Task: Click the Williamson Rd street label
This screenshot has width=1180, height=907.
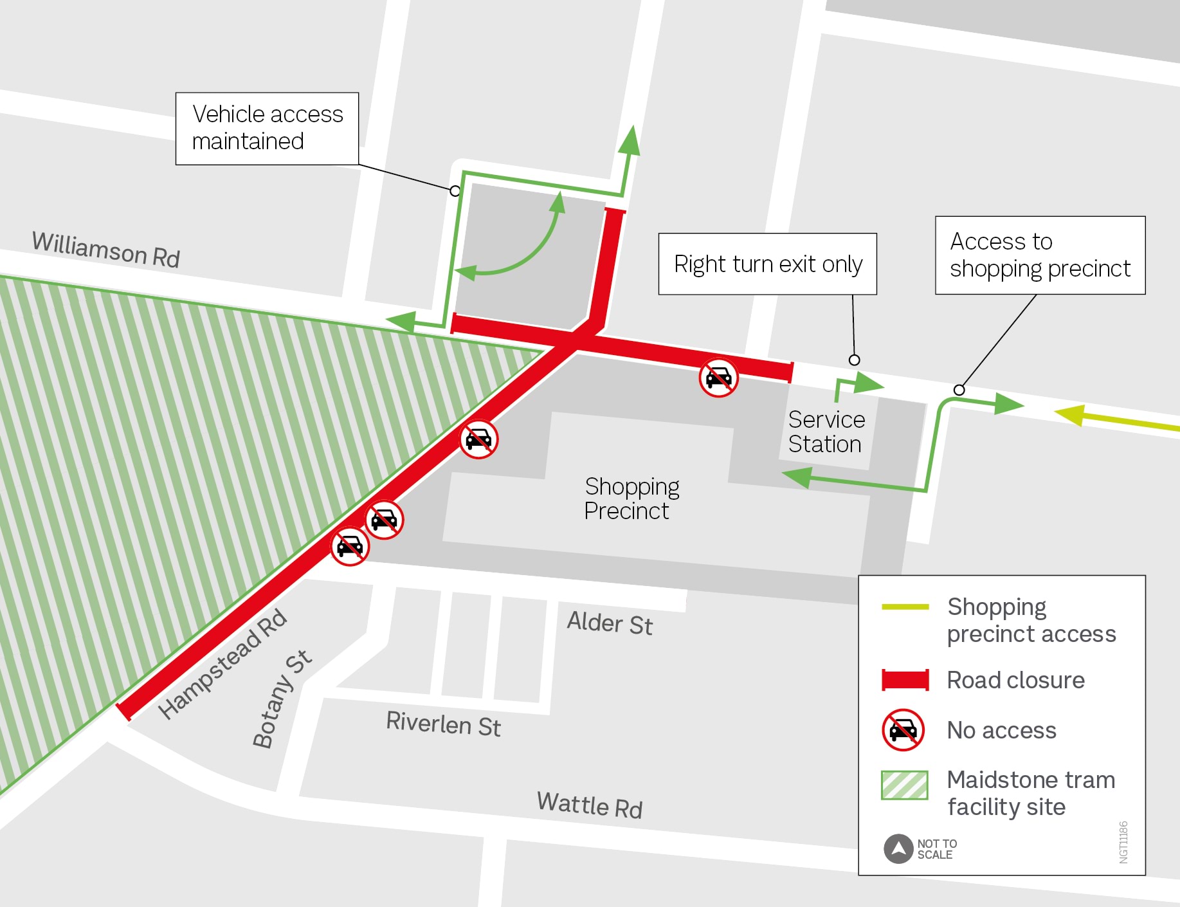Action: [x=106, y=250]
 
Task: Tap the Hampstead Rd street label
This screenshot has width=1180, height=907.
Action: [x=222, y=663]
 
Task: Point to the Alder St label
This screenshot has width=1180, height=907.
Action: [x=610, y=623]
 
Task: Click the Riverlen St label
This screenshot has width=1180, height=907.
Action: [x=443, y=724]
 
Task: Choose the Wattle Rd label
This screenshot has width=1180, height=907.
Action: [x=590, y=805]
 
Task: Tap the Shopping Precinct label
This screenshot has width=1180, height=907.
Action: [x=631, y=499]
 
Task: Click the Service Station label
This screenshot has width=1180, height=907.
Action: [x=826, y=432]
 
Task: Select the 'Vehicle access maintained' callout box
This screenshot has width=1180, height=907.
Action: [x=267, y=129]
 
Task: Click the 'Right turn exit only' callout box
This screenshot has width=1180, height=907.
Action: [x=767, y=264]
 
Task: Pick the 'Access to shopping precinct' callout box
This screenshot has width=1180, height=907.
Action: [x=1040, y=255]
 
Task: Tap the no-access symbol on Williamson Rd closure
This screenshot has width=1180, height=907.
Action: [x=718, y=378]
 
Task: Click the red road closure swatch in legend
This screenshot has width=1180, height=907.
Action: [x=905, y=680]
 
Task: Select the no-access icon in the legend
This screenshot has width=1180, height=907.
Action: [x=903, y=730]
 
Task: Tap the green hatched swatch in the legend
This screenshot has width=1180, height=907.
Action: [x=904, y=785]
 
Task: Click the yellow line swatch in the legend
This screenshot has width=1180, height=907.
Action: [x=905, y=607]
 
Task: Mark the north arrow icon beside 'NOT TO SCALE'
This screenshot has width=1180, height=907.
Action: [x=898, y=848]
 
